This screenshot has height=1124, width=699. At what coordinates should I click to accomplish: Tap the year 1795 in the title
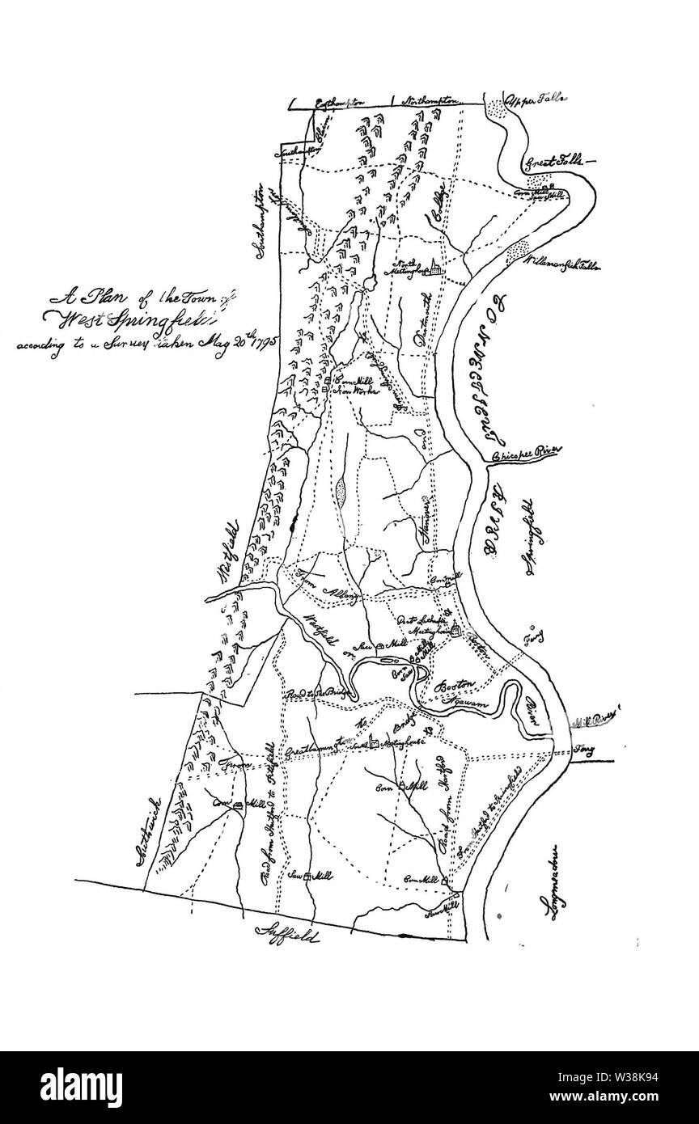[261, 337]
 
